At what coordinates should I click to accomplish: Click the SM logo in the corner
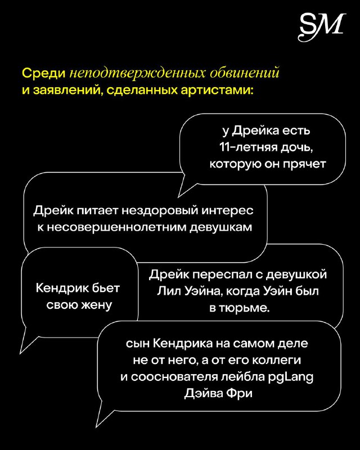[x=321, y=26]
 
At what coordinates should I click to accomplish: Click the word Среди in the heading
[x=44, y=74]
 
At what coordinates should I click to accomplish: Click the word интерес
[x=227, y=211]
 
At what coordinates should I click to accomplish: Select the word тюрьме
[x=244, y=308]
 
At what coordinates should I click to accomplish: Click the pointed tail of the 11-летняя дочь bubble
[x=178, y=197]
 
